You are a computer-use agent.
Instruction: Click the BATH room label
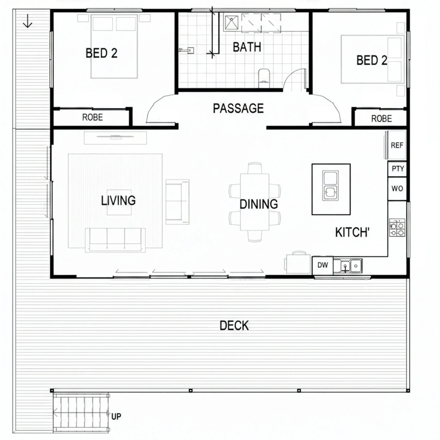coord(247,47)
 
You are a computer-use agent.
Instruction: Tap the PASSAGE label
coord(238,108)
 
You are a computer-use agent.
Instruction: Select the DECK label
coord(234,325)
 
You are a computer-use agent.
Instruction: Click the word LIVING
coord(118,200)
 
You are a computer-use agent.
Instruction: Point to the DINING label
coord(259,204)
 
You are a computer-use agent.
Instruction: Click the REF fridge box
coord(397,145)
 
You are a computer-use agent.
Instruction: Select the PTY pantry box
coord(397,169)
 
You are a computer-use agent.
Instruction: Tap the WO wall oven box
coord(397,189)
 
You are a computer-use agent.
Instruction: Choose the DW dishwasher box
coord(323,265)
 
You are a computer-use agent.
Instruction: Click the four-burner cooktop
coord(397,228)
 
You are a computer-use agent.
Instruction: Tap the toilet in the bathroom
coord(264,78)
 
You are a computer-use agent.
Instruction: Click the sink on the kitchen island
coord(330,186)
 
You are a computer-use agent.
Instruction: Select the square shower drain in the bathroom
coord(232,23)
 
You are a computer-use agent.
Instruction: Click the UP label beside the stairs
coord(116,416)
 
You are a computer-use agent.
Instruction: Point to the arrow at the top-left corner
coord(28,21)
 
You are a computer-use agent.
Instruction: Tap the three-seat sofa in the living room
coord(115,240)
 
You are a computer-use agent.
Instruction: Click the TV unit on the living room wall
coord(115,138)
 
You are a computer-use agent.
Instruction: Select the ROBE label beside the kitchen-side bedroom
coord(382,118)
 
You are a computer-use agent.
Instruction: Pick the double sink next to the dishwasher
coord(348,266)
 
